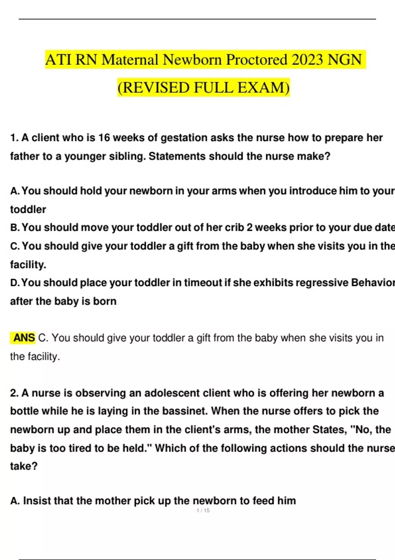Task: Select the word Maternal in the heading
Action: tap(130, 60)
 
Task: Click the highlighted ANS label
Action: tap(24, 338)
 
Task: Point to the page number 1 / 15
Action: tap(203, 511)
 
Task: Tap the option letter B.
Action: tap(14, 228)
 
